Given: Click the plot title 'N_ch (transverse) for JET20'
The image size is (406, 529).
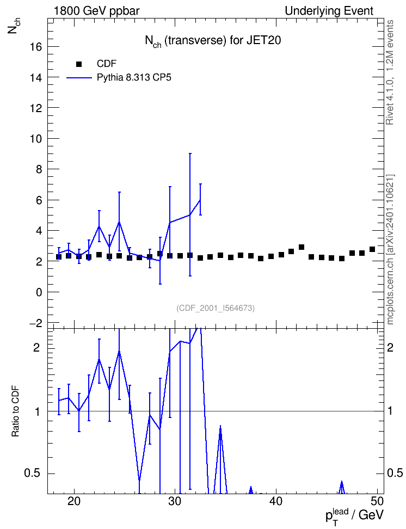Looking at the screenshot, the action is tap(213, 41).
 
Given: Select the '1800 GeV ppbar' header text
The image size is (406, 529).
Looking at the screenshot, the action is tap(96, 11).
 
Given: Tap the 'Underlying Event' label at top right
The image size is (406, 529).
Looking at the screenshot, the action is tap(329, 11).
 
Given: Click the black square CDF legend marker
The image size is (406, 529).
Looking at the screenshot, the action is tap(79, 64).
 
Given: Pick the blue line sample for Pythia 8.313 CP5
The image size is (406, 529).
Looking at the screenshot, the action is tap(79, 78).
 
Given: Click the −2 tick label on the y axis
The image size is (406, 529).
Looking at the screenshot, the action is tap(34, 323).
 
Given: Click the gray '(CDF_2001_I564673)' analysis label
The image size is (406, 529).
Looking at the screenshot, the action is tap(216, 308).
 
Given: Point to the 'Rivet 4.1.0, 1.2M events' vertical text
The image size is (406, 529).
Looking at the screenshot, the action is tap(390, 72).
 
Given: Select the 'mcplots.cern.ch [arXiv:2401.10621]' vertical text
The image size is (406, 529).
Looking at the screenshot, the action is tap(390, 250).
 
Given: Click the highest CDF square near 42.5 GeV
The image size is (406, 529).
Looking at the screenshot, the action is tap(302, 247).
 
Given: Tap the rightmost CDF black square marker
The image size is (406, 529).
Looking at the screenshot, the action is tap(372, 249).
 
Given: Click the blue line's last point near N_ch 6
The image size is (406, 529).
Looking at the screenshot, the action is tap(200, 200).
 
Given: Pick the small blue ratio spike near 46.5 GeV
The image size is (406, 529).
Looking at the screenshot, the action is tap(342, 487).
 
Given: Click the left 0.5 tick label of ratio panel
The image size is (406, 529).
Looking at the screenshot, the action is tap(32, 473).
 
